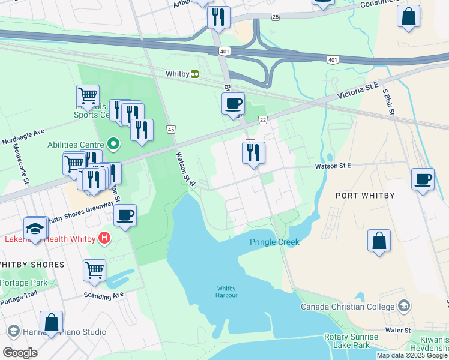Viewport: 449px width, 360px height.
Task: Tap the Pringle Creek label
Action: (274, 242)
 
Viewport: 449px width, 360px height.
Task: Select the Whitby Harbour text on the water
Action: (227, 292)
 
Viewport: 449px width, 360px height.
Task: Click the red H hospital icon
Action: (105, 238)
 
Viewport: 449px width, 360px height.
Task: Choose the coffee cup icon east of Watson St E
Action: (423, 179)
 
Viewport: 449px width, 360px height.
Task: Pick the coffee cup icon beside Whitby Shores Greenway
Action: (125, 215)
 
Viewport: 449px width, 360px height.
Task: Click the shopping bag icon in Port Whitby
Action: (379, 241)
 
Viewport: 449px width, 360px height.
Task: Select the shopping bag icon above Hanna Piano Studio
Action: (52, 322)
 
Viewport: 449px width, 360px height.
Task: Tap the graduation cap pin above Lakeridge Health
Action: (35, 230)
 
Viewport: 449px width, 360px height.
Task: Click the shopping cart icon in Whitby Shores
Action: (95, 271)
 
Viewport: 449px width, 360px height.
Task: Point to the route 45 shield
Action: (171, 130)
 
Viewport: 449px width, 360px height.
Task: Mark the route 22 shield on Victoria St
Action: (262, 121)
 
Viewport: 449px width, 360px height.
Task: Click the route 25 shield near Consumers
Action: (275, 16)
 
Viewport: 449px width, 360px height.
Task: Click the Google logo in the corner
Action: (19, 352)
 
